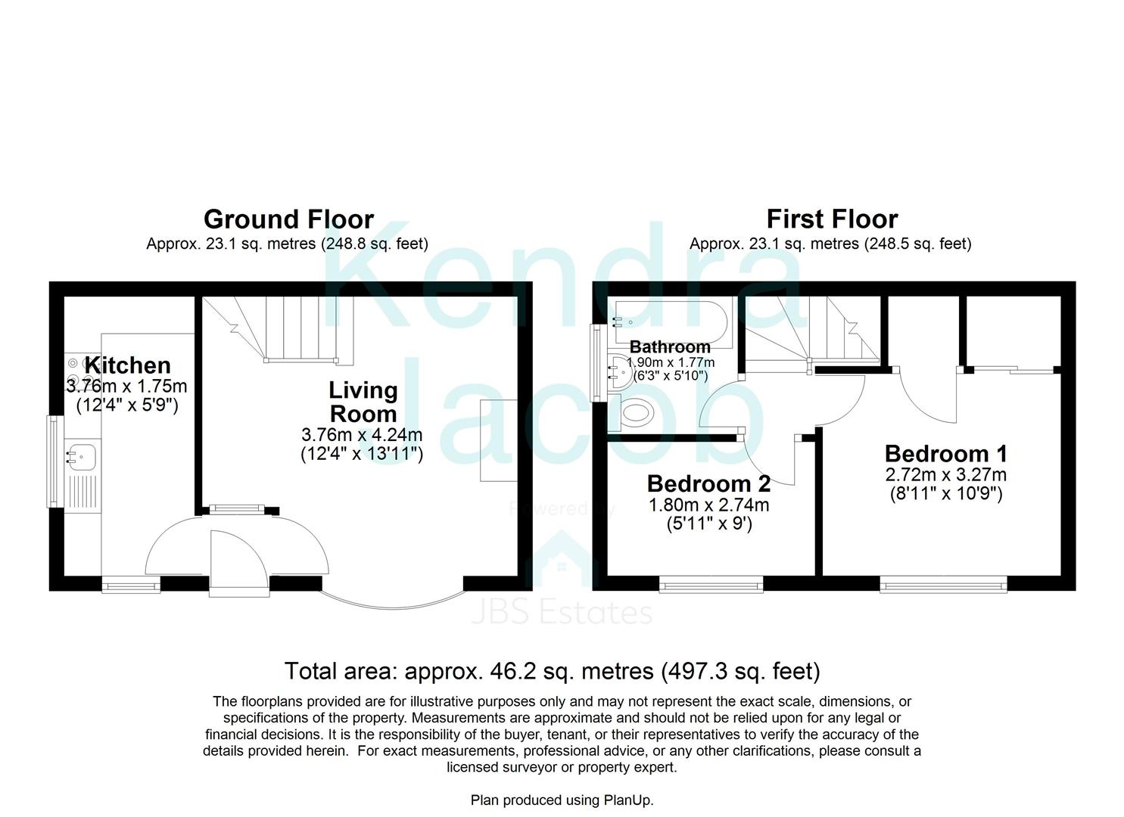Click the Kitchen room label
point(127,365)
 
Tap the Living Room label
point(363,402)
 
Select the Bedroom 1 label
point(945,454)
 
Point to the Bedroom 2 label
point(708,483)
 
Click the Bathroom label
point(670,347)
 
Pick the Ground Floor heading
point(288,219)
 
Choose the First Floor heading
point(832,219)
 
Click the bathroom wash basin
point(620,371)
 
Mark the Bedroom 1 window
point(943,583)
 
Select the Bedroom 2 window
point(711,583)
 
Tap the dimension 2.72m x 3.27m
point(945,475)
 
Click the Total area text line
point(552,671)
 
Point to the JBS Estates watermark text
point(561,613)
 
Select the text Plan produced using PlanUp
point(562,800)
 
